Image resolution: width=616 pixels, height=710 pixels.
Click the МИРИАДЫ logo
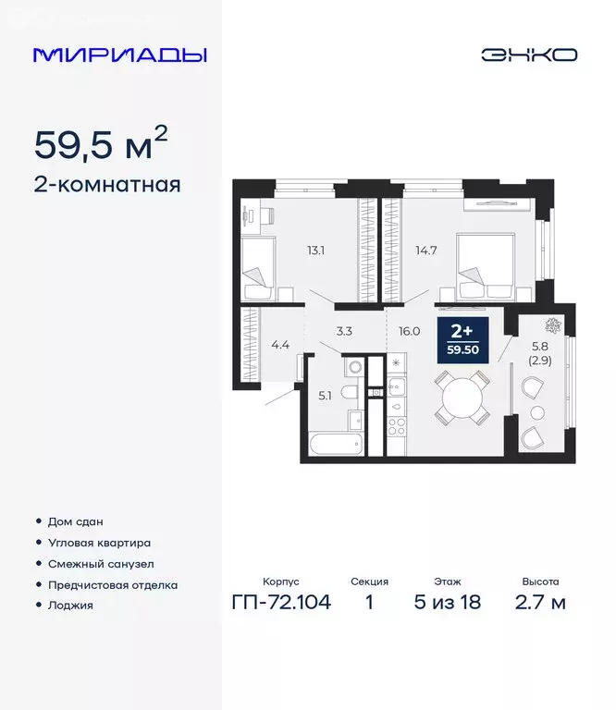(x=120, y=55)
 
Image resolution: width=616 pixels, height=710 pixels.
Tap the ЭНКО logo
(x=528, y=55)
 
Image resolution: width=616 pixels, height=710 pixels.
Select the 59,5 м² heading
(x=102, y=145)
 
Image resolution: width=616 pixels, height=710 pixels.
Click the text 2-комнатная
(x=107, y=185)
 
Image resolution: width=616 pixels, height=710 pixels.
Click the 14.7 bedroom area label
(x=421, y=249)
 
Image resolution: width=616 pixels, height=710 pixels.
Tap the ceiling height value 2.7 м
(x=540, y=604)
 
